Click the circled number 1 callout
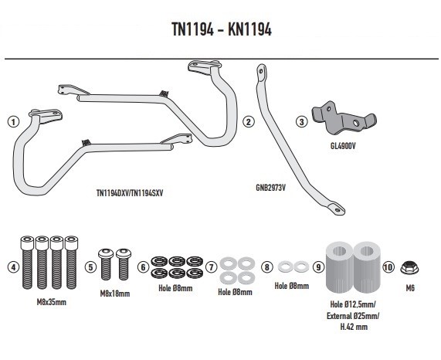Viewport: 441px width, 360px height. pyautogui.click(x=13, y=122)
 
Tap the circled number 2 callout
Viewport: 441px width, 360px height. pyautogui.click(x=249, y=122)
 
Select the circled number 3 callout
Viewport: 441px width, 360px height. pyautogui.click(x=302, y=122)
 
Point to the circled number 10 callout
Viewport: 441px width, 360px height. pyautogui.click(x=388, y=267)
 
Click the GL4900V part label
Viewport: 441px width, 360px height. pyautogui.click(x=343, y=146)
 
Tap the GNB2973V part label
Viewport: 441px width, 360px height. pyautogui.click(x=270, y=188)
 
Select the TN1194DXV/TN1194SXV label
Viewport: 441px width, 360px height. pyautogui.click(x=130, y=193)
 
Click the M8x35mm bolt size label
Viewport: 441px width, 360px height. pyautogui.click(x=52, y=302)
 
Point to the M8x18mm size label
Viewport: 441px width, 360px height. pyautogui.click(x=115, y=294)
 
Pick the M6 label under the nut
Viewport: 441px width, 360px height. pyautogui.click(x=410, y=288)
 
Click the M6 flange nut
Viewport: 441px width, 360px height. pyautogui.click(x=409, y=267)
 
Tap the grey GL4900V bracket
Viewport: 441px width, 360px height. pyautogui.click(x=344, y=118)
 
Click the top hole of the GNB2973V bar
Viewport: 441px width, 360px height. pyautogui.click(x=261, y=70)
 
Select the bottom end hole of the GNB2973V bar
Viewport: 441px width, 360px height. pyautogui.click(x=337, y=209)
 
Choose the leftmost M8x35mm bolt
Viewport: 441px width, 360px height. pyautogui.click(x=27, y=262)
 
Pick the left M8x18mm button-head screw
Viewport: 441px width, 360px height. pyautogui.click(x=106, y=263)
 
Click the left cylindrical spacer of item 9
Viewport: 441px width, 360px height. pyautogui.click(x=339, y=267)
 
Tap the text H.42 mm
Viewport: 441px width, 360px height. pyautogui.click(x=354, y=327)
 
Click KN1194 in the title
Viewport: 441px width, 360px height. pyautogui.click(x=249, y=29)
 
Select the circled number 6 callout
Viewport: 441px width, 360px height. pyautogui.click(x=143, y=267)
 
